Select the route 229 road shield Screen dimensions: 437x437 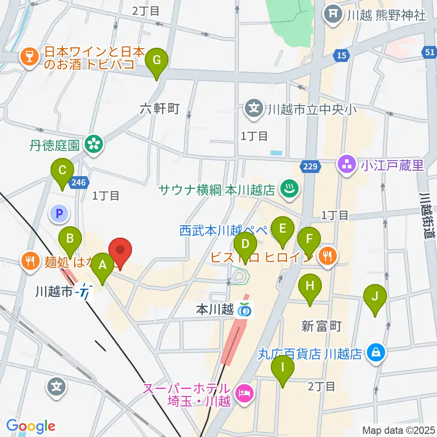pos(310,167)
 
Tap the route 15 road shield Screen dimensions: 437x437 pos(341,56)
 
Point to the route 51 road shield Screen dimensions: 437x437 pos(430,52)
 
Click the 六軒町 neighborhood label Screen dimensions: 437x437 pos(160,108)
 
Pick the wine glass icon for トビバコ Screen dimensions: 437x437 pos(29,59)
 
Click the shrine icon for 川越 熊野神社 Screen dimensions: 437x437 pos(334,15)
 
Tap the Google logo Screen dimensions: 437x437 pos(30,427)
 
